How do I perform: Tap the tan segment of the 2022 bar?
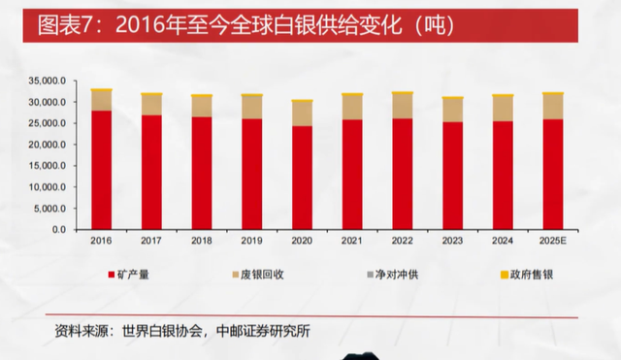[402, 106]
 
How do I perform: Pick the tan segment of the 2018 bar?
[202, 107]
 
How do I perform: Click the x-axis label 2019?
[251, 240]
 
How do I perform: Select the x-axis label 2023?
[452, 240]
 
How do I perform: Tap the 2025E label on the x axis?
[552, 240]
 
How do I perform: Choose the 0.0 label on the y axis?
[59, 230]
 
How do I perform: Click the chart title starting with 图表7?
[233, 26]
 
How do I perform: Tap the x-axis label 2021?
[351, 240]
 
